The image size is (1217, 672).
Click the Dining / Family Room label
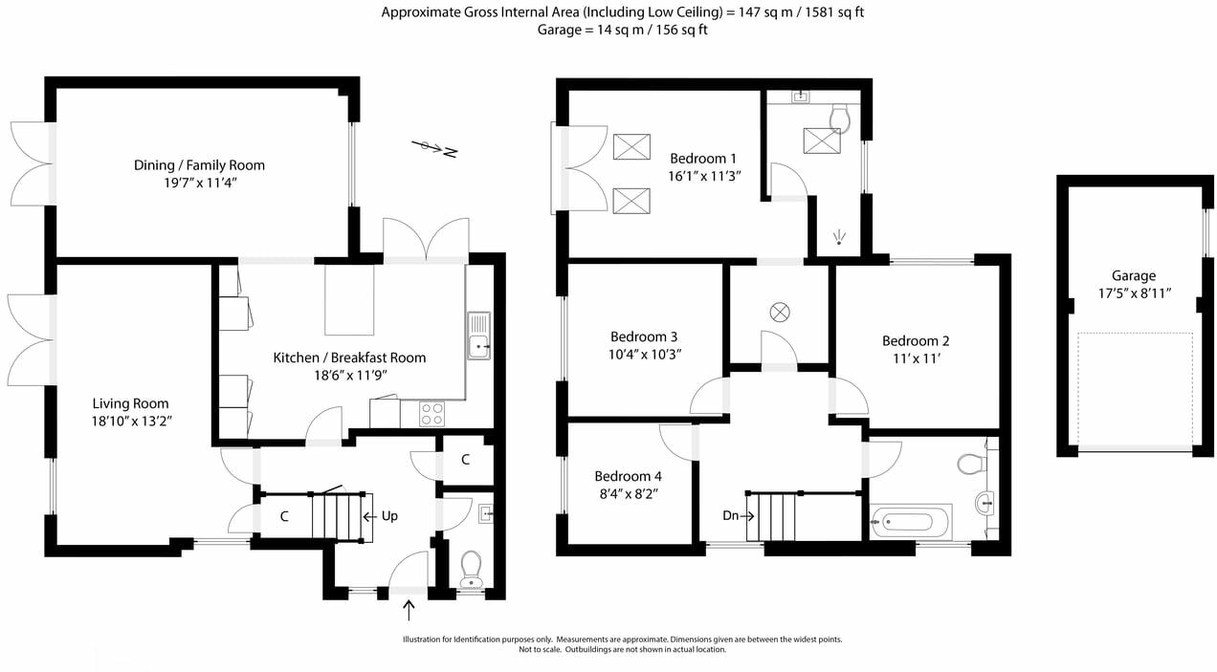[199, 165]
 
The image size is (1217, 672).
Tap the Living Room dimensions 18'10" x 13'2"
[132, 421]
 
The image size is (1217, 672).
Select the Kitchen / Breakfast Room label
[349, 358]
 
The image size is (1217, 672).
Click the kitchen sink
[478, 336]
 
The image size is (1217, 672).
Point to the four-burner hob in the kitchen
[432, 413]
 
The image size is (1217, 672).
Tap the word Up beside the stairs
[388, 515]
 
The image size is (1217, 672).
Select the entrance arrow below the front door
[410, 607]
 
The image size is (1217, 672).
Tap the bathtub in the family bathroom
[910, 522]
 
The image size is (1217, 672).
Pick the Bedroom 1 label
[703, 159]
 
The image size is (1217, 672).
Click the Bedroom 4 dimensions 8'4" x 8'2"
[628, 493]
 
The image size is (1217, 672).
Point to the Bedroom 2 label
[916, 341]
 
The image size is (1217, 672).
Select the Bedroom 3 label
[644, 336]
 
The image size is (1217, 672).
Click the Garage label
[1134, 275]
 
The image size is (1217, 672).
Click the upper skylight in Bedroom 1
[630, 146]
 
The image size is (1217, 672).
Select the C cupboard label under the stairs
[284, 517]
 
